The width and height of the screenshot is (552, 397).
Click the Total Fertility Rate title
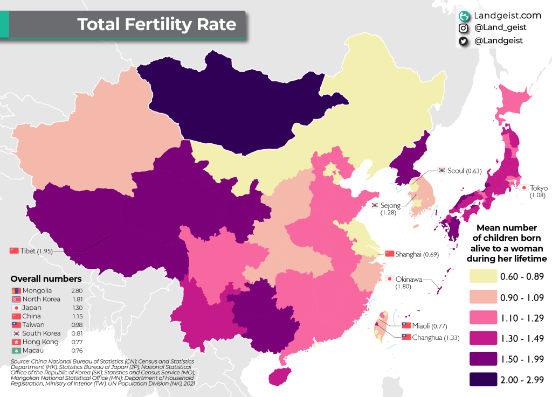pos(156,25)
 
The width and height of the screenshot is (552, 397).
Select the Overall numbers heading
pos(46,279)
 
